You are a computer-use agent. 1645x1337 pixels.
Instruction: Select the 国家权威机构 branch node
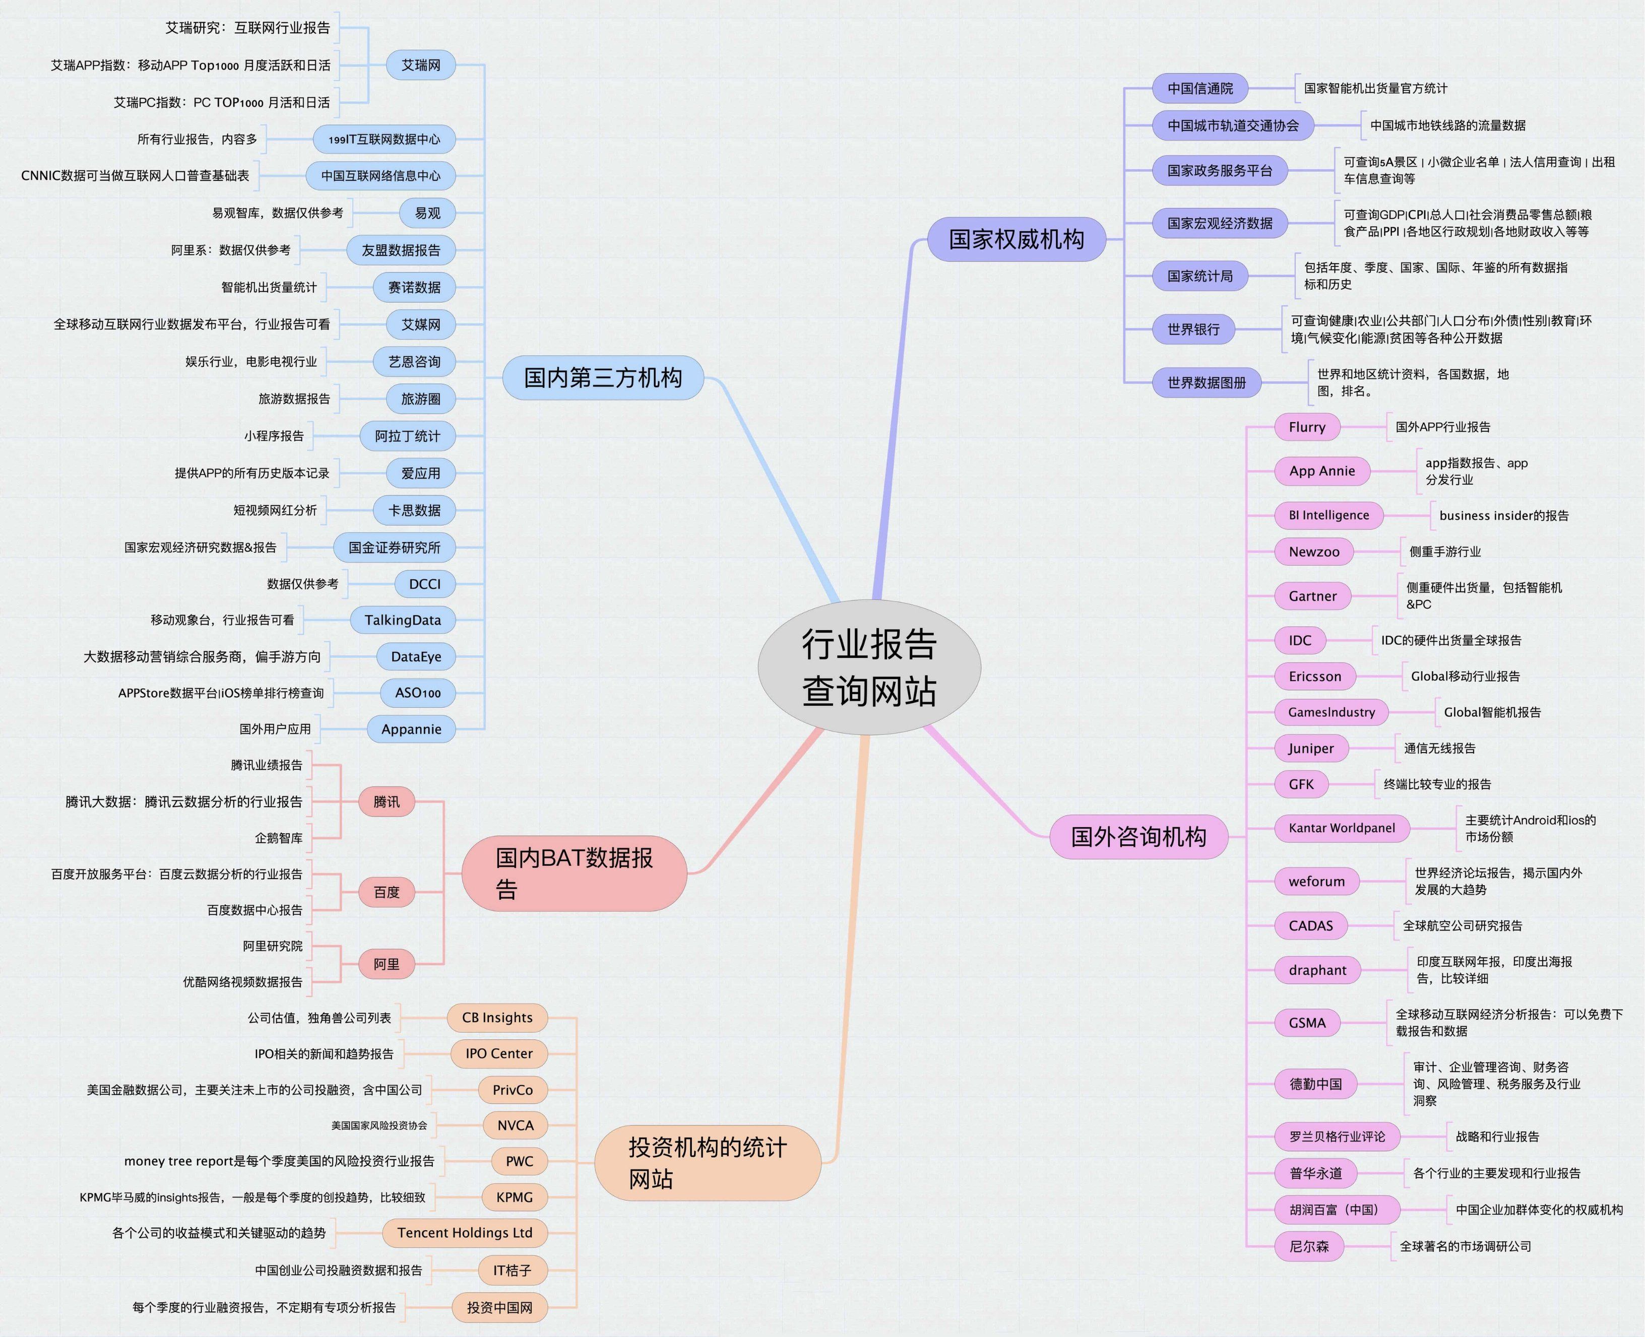tap(1016, 239)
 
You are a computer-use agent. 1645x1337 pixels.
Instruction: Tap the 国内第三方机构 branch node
tap(603, 377)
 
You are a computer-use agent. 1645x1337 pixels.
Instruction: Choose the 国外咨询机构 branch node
tap(1138, 836)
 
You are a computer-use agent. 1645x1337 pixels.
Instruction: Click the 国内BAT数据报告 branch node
tap(574, 874)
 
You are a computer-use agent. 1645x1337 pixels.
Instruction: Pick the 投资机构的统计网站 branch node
tap(707, 1163)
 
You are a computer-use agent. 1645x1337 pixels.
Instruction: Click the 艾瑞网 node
tap(421, 65)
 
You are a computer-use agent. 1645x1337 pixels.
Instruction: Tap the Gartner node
tap(1313, 596)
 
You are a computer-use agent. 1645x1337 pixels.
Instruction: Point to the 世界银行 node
tap(1193, 329)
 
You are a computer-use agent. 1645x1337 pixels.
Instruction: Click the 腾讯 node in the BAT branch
tap(386, 801)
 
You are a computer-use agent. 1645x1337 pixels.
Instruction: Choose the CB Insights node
tap(497, 1018)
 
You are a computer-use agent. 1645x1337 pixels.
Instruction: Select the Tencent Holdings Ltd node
tap(465, 1232)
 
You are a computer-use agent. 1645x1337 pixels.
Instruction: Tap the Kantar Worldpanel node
tap(1342, 828)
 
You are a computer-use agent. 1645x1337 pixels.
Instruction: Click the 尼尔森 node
tap(1309, 1246)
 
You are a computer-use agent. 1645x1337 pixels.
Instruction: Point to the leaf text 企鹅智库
tap(279, 838)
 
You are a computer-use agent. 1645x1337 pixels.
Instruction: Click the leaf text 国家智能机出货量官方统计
tap(1375, 89)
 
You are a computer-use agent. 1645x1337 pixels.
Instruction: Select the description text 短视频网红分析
tap(275, 510)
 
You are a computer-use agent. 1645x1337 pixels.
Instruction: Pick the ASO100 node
tap(418, 693)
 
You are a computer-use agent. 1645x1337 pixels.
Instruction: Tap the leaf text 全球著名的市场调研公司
tap(1466, 1246)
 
